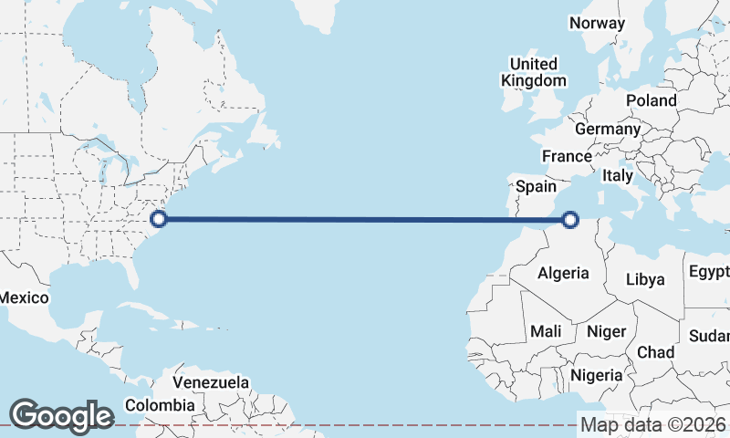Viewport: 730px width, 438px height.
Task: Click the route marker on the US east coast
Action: [159, 219]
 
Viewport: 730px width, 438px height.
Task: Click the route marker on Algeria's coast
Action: [571, 219]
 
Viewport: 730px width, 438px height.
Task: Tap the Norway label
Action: [597, 23]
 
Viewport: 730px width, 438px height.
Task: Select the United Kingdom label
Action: [534, 72]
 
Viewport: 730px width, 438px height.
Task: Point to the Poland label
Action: [651, 100]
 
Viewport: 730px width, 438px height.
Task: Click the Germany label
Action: [608, 130]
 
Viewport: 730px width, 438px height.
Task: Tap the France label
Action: [567, 156]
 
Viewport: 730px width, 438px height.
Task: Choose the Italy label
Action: [618, 175]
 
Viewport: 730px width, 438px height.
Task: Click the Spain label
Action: [536, 186]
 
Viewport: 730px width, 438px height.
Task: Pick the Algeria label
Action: [570, 273]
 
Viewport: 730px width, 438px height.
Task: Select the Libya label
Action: [645, 279]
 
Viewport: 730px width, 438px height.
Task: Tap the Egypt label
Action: [709, 272]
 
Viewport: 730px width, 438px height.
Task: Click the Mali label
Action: [546, 331]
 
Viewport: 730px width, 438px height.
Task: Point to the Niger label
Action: [605, 331]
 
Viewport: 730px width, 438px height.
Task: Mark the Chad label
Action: [655, 352]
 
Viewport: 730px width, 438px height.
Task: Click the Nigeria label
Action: [596, 375]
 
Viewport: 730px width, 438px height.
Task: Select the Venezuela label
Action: [211, 381]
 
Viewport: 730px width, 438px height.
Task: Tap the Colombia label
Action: [160, 404]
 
